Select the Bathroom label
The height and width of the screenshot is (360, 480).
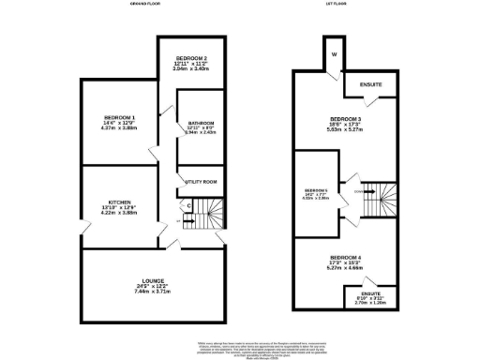pyautogui.click(x=201, y=123)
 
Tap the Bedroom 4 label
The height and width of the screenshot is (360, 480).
pyautogui.click(x=346, y=257)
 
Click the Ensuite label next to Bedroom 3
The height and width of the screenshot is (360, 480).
pyautogui.click(x=371, y=85)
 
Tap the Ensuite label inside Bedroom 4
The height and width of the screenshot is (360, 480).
pyautogui.click(x=371, y=293)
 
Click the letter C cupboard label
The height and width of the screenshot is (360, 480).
pyautogui.click(x=189, y=205)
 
